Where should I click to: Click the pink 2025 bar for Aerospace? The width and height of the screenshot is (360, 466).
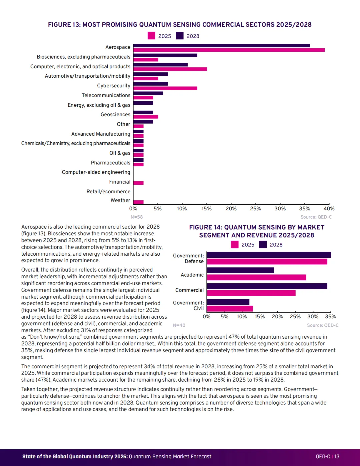[x=229, y=50]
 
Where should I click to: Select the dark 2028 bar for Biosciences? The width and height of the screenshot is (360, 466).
[x=165, y=55]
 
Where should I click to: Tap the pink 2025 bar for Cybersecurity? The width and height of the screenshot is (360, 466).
[x=165, y=88]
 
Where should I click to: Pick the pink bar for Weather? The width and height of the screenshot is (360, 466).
[x=139, y=202]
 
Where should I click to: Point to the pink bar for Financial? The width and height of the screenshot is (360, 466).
[x=139, y=183]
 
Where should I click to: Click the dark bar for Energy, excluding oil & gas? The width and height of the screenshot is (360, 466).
[x=143, y=103]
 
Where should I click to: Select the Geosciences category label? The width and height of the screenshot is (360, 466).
[x=115, y=115]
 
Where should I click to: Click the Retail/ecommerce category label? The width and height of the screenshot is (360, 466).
[x=108, y=192]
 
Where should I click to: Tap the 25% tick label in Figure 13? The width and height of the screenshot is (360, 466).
[x=255, y=209]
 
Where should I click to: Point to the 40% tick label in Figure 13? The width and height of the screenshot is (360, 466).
[x=329, y=209]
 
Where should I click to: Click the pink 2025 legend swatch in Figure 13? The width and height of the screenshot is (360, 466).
[x=151, y=36]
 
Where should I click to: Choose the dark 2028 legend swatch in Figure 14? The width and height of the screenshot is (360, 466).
[x=263, y=244]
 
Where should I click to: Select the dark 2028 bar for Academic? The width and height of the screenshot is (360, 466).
[x=240, y=270]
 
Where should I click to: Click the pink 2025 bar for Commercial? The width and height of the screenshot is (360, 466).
[x=251, y=293]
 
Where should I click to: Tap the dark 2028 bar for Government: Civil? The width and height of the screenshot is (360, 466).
[x=228, y=302]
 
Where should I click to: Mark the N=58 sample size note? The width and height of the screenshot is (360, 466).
[x=137, y=217]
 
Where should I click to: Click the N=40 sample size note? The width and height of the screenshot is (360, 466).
[x=179, y=325]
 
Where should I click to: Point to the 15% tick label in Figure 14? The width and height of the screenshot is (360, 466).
[x=260, y=317]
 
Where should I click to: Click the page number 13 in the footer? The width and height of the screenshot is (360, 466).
[x=337, y=456]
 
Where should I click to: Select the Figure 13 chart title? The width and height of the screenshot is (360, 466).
[x=180, y=25]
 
